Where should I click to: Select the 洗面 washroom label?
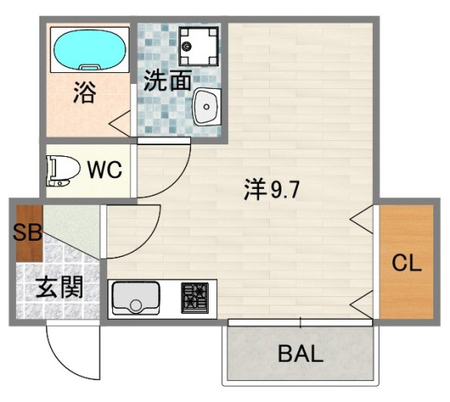click(x=167, y=81)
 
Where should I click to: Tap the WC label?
click(x=106, y=170)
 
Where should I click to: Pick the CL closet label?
click(x=406, y=263)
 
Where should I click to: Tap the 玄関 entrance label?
click(x=59, y=290)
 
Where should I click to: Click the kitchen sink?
click(x=136, y=296)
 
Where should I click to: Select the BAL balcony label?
click(x=299, y=353)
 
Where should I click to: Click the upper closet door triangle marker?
click(x=363, y=222)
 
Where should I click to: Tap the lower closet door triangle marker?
click(x=363, y=303)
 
